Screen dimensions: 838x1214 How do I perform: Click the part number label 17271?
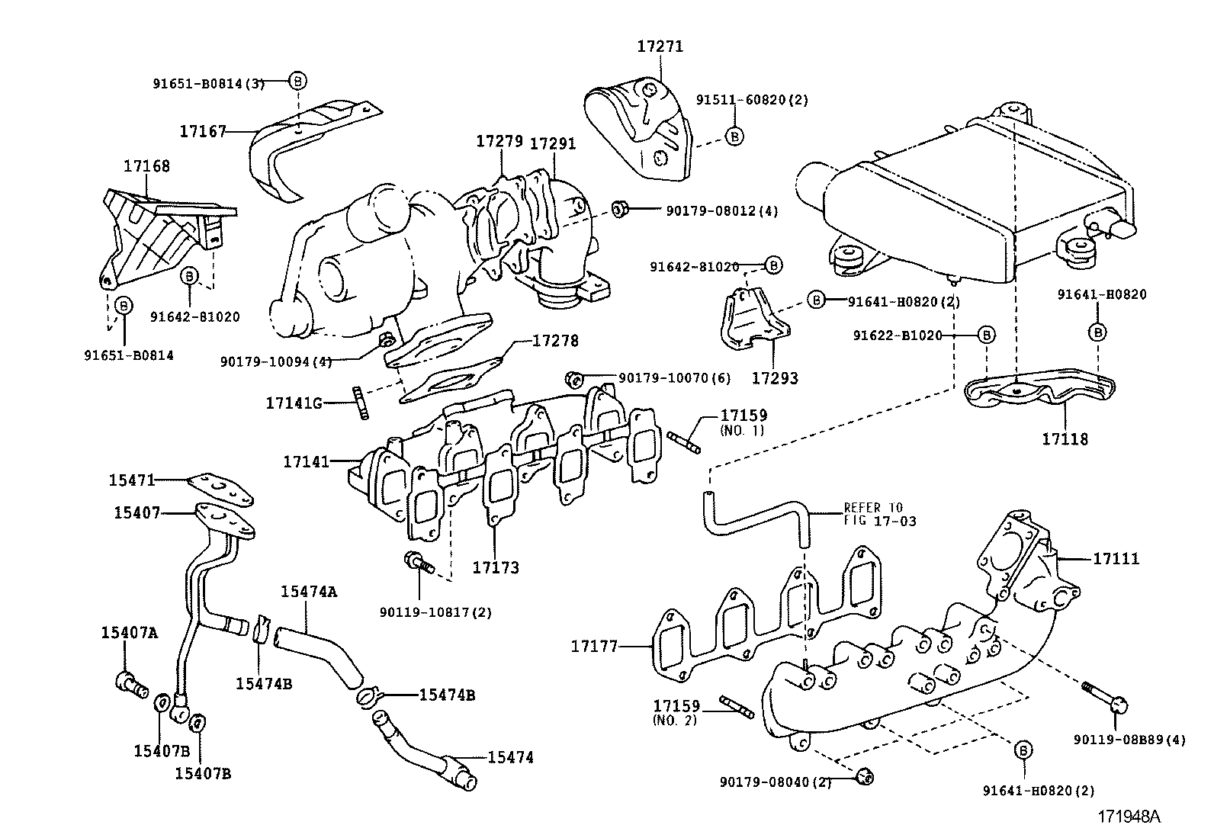660,47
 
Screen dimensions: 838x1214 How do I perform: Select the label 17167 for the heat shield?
203,131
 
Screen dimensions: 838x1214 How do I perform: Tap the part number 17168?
146,165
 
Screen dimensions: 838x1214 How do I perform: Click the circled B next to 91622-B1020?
986,335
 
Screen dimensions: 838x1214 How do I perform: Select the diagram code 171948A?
1129,817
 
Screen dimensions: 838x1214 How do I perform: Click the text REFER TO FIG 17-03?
879,515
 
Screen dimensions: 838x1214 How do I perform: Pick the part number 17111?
1116,559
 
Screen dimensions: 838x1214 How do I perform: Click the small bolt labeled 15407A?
131,683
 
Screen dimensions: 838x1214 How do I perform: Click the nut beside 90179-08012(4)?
619,208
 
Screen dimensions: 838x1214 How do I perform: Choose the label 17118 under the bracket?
1065,439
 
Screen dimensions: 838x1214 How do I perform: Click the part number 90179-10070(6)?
674,378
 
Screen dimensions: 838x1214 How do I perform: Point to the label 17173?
495,567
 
